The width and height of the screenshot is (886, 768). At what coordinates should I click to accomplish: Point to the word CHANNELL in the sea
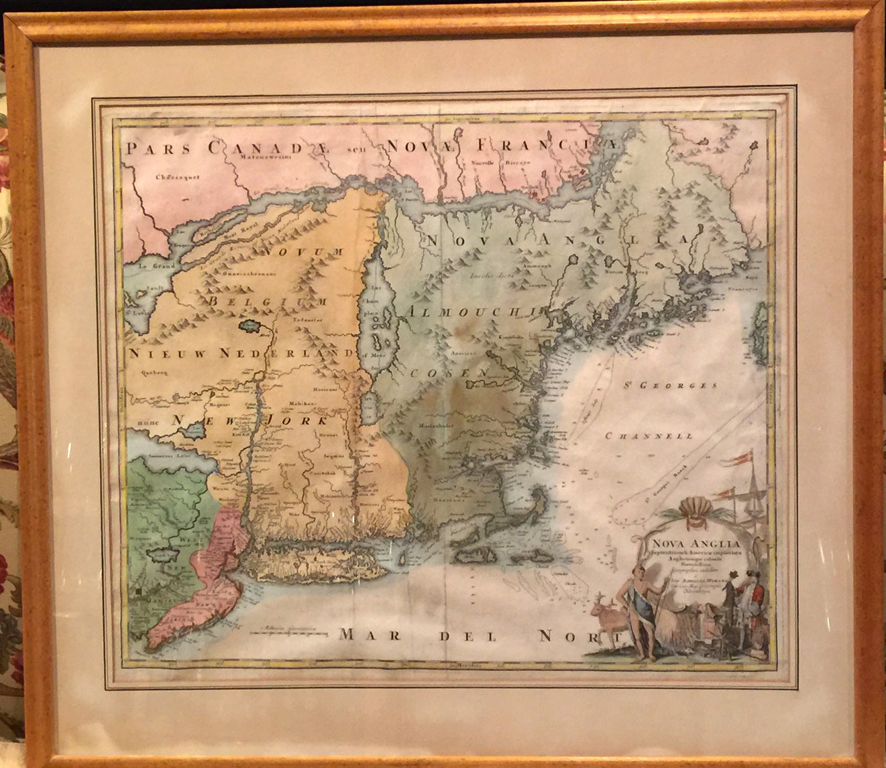pos(649,436)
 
